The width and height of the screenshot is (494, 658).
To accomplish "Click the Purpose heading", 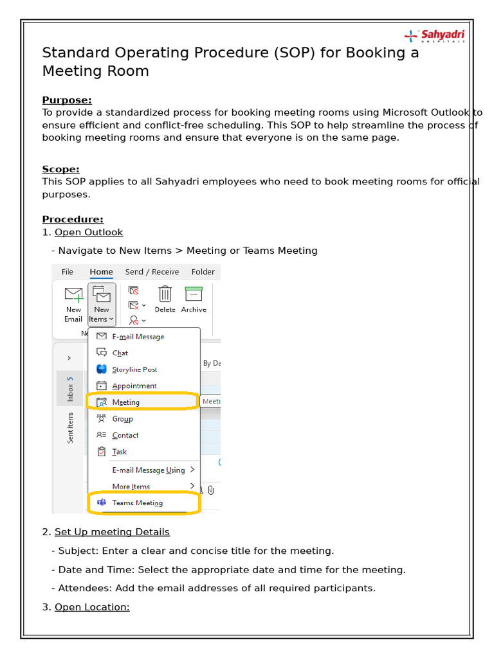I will click(67, 100).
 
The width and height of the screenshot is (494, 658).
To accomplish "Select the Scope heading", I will click(60, 169).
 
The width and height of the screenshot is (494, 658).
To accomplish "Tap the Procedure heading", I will click(73, 219).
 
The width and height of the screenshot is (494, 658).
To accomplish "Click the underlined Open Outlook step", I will click(89, 232).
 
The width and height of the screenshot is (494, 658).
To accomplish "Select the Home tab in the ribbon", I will click(101, 272).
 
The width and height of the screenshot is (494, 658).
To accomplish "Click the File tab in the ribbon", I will click(68, 272).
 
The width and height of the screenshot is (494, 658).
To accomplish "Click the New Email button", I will click(73, 304).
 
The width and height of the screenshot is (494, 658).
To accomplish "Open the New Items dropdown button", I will click(102, 304).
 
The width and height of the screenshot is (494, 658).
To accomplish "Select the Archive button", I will click(194, 299).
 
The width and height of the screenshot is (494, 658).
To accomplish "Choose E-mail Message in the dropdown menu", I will click(138, 337).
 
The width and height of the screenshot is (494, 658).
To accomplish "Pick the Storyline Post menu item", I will click(134, 369).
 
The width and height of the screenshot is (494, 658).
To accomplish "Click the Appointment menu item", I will click(134, 386).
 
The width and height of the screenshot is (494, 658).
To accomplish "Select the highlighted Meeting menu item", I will click(126, 402).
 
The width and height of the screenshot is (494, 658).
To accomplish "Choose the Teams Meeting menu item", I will click(137, 502).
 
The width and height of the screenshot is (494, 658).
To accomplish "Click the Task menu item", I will click(120, 452).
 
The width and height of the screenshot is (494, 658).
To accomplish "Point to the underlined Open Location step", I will click(92, 607).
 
